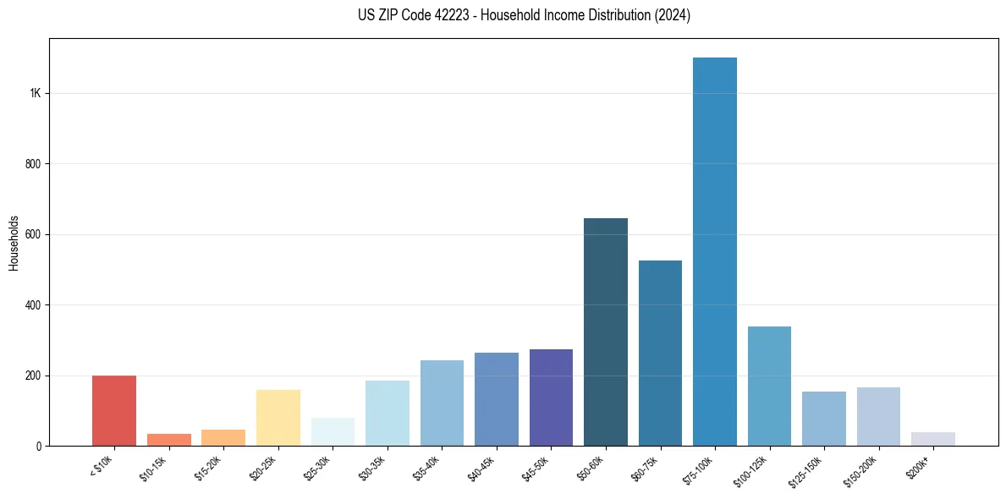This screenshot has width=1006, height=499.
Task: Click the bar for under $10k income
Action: pyautogui.click(x=114, y=411)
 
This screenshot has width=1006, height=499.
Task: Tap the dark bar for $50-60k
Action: pyautogui.click(x=606, y=332)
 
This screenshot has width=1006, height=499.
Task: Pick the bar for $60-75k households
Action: pyautogui.click(x=660, y=354)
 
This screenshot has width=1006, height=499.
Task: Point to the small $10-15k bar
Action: pyautogui.click(x=169, y=440)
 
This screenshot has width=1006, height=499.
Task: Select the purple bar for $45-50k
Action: pyautogui.click(x=551, y=398)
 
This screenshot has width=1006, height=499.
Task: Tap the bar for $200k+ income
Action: pyautogui.click(x=933, y=439)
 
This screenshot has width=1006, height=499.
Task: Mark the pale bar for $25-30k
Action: pyautogui.click(x=333, y=432)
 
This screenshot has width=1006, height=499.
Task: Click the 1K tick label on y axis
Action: pyautogui.click(x=35, y=93)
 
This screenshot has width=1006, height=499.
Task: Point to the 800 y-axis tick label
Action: pyautogui.click(x=33, y=163)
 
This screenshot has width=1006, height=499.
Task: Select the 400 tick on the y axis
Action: pyautogui.click(x=33, y=304)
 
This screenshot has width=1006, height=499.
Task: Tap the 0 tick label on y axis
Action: pyautogui.click(x=39, y=446)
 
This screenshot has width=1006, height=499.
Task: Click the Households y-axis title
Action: pyautogui.click(x=14, y=242)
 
